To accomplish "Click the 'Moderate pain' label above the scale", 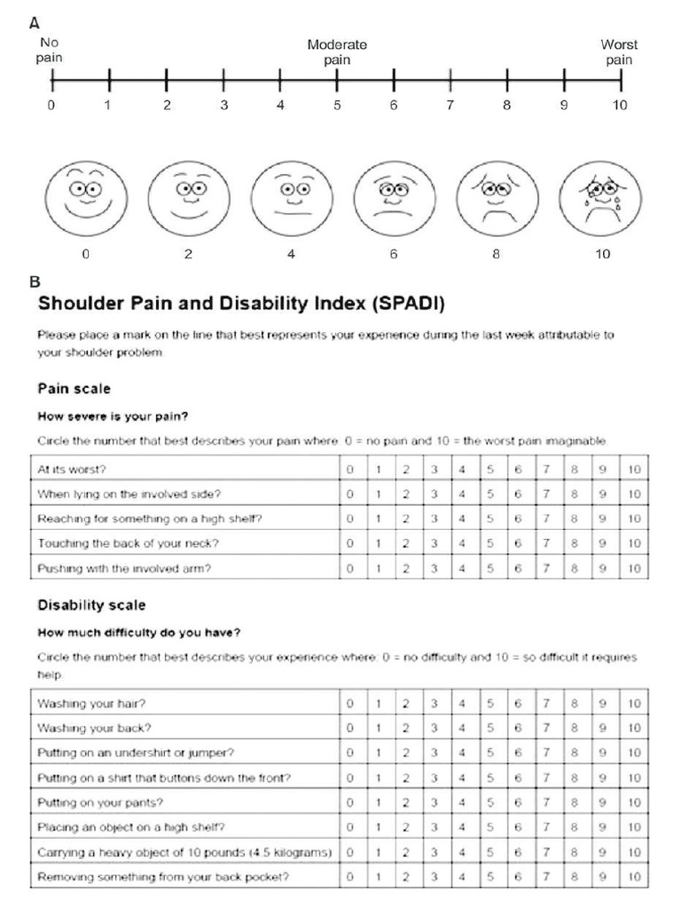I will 337,52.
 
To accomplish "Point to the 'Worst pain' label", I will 619,52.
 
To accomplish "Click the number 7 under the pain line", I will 450,106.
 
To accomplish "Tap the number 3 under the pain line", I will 223,106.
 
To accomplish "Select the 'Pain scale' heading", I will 74,388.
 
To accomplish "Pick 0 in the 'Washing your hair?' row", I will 351,704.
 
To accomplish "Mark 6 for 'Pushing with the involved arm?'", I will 518,567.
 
